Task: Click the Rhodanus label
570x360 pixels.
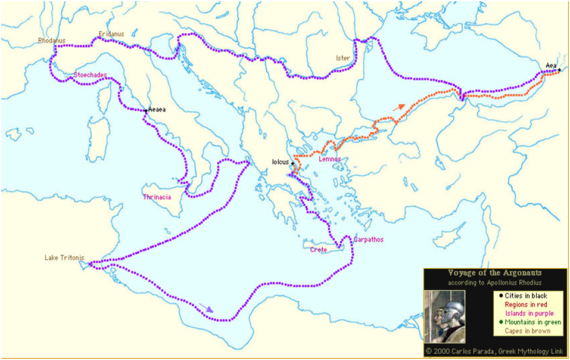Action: [x=51, y=41]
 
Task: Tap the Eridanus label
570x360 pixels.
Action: [x=111, y=34]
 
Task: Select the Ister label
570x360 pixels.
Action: [x=342, y=58]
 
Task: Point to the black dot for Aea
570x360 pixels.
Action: [x=559, y=70]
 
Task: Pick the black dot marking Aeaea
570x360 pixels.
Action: [x=146, y=110]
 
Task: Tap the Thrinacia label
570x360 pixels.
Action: [x=157, y=197]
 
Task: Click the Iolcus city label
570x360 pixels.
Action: [x=280, y=162]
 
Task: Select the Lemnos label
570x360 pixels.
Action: [x=329, y=159]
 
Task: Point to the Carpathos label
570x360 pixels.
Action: [x=368, y=240]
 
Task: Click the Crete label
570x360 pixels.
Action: [x=319, y=250]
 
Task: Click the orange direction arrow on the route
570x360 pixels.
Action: [x=400, y=108]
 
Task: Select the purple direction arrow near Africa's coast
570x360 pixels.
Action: [x=205, y=308]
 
